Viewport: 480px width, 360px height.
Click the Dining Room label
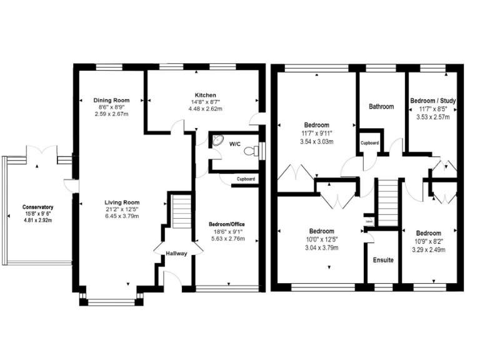coord(111,100)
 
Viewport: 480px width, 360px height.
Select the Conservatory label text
coord(37,207)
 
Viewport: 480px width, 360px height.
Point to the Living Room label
coord(122,202)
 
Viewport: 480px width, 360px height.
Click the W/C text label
coord(234,144)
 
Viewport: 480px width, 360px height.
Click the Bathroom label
coord(381,106)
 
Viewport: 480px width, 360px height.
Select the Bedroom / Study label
coord(432,100)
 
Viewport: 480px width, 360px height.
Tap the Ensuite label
coord(383,259)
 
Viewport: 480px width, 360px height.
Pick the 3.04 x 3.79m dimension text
coord(321,247)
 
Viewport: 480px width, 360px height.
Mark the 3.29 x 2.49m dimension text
coord(429,247)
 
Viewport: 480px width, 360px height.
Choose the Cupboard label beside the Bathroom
coord(369,143)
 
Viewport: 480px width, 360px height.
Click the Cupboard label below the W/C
coord(246,179)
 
